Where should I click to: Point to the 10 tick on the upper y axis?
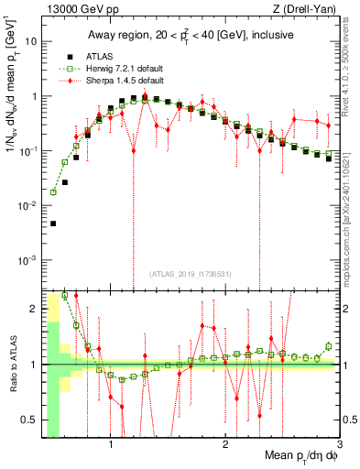coord(32,42)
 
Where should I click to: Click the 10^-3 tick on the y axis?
coord(27,260)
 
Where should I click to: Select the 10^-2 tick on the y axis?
coord(27,206)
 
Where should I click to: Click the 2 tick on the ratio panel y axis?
coord(34,309)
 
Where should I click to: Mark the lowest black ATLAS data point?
coord(53,224)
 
